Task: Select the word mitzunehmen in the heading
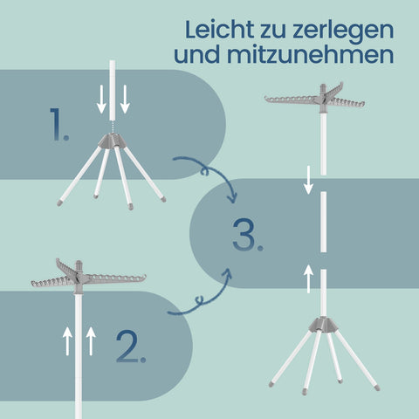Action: (311, 54)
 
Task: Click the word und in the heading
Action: (197, 54)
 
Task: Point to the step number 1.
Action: (59, 125)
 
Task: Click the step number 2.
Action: (131, 347)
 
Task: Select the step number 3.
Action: (248, 235)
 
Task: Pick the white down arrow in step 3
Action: (308, 180)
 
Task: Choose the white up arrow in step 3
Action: (308, 278)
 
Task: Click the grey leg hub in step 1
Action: (113, 141)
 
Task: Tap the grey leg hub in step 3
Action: (323, 325)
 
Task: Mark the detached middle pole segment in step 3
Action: (323, 222)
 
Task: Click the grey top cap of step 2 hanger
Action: (79, 265)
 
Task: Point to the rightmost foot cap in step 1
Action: (163, 199)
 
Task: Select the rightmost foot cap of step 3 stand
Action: (377, 388)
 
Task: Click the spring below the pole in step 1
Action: (113, 127)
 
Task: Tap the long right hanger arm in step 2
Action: (114, 278)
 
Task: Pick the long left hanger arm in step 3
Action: (292, 100)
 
